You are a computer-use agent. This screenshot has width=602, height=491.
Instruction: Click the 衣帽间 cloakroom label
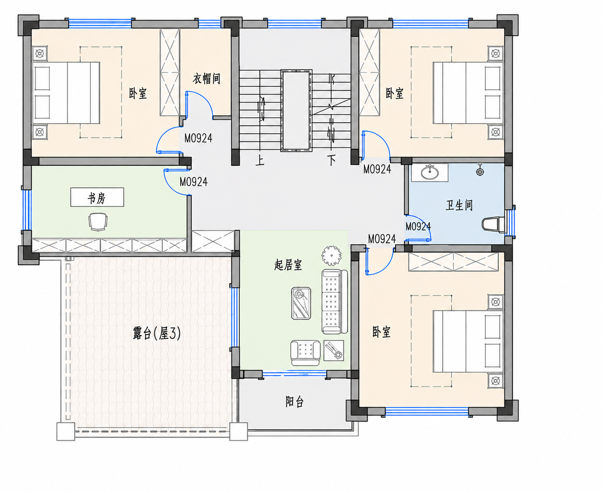[206, 79]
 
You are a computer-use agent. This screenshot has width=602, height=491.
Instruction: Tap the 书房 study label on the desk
[97, 198]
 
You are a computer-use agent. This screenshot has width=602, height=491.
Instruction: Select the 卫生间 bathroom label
[459, 205]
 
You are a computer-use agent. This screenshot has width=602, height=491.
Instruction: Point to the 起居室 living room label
[288, 265]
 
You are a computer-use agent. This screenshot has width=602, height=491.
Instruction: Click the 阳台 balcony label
[295, 401]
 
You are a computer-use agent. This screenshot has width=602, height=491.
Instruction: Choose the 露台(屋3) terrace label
[157, 333]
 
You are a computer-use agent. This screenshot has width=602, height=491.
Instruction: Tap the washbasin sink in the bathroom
[430, 172]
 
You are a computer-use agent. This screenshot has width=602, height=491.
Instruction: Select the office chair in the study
[98, 222]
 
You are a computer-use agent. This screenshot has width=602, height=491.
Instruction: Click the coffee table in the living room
[301, 304]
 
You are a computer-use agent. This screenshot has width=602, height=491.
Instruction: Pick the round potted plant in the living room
[331, 255]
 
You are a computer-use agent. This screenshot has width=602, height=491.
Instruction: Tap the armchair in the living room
[305, 353]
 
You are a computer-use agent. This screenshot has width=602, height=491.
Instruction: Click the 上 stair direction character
[260, 160]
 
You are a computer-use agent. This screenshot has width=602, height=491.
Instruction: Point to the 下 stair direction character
[332, 160]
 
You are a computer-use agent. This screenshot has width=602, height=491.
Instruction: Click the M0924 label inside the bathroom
[418, 226]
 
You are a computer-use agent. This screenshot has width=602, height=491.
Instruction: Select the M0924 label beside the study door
[194, 182]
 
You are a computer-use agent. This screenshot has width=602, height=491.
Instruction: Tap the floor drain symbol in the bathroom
[480, 171]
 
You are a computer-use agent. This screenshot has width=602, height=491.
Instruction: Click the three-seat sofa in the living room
[335, 301]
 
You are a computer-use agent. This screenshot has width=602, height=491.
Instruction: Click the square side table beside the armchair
[334, 350]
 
